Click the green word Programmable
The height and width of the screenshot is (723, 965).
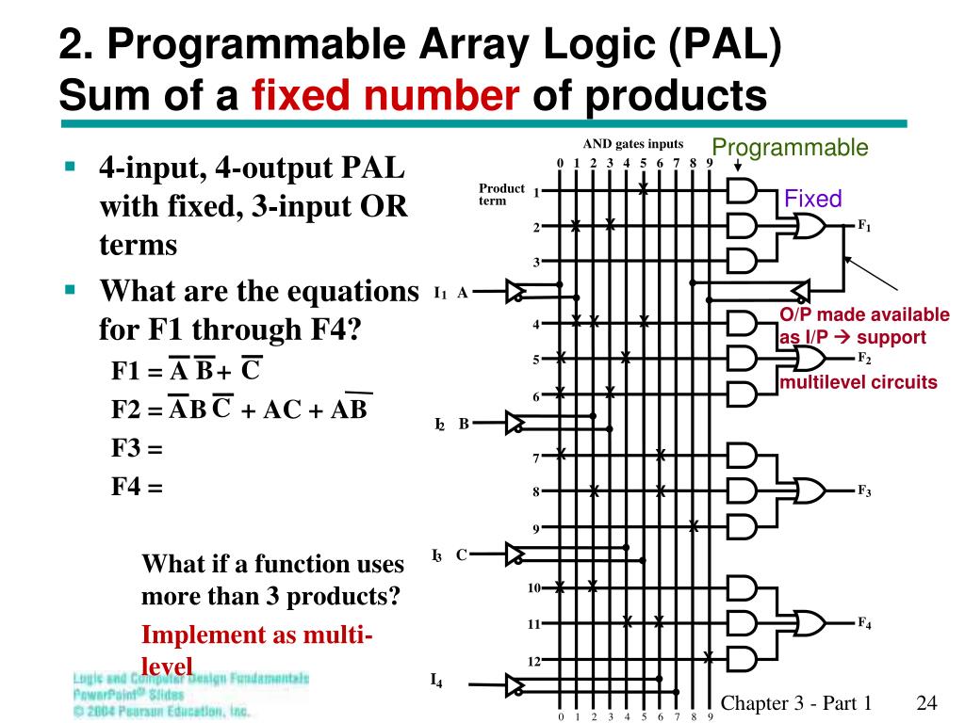790,148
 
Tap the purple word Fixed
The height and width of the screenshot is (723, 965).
812,199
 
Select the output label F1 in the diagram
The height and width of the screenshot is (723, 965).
864,227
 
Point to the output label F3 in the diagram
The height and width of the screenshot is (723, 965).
864,491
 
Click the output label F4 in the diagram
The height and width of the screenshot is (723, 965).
864,623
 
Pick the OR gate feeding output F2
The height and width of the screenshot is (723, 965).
810,359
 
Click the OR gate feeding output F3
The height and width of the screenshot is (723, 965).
810,491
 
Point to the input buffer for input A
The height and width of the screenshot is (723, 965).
516,292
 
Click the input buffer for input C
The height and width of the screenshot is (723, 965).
516,554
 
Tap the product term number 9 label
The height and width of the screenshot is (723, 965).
535,528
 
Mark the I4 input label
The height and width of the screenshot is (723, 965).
435,680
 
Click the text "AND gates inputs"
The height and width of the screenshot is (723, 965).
632,144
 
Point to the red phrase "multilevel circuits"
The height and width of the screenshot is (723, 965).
858,381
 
